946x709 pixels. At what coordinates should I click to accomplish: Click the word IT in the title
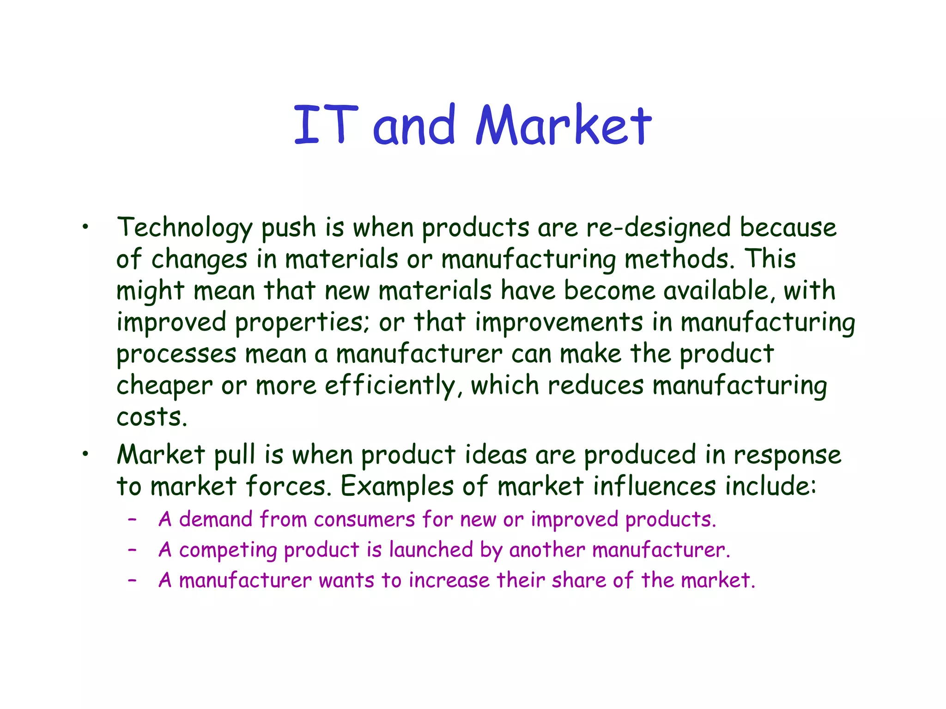pos(326,125)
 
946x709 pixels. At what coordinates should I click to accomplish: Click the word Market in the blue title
pos(564,125)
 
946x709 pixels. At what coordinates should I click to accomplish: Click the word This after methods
pos(770,259)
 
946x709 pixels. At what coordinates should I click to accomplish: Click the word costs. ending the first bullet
pos(152,417)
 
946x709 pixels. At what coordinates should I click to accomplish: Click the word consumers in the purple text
pos(364,520)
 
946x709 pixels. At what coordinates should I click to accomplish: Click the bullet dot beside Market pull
pos(85,454)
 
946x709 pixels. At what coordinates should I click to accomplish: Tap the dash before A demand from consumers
pos(133,520)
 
